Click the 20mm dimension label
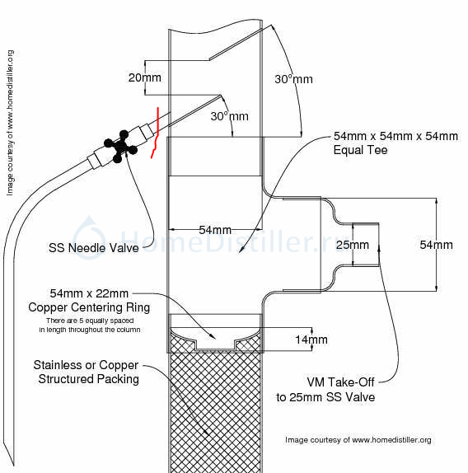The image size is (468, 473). point(144,77)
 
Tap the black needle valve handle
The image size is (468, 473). point(120,147)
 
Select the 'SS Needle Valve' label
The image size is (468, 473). point(93,248)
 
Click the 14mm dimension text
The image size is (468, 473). point(311,340)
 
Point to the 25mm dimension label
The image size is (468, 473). point(353,245)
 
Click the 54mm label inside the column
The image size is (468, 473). point(215,230)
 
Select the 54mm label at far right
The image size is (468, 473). point(436,245)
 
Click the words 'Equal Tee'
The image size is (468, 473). point(360,150)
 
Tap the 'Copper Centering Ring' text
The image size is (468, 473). point(89,307)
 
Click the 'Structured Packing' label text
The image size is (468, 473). point(89,379)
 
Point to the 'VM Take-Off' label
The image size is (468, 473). point(340,382)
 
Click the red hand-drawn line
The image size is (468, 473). point(156,133)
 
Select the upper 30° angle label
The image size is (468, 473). point(293,79)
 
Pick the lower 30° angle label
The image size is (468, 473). point(230,116)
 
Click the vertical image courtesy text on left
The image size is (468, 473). point(10,123)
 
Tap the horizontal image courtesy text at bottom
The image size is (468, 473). point(358,440)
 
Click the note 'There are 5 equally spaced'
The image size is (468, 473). point(90,321)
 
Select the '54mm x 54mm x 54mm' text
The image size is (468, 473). point(395,136)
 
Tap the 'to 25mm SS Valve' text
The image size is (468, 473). point(325,397)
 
